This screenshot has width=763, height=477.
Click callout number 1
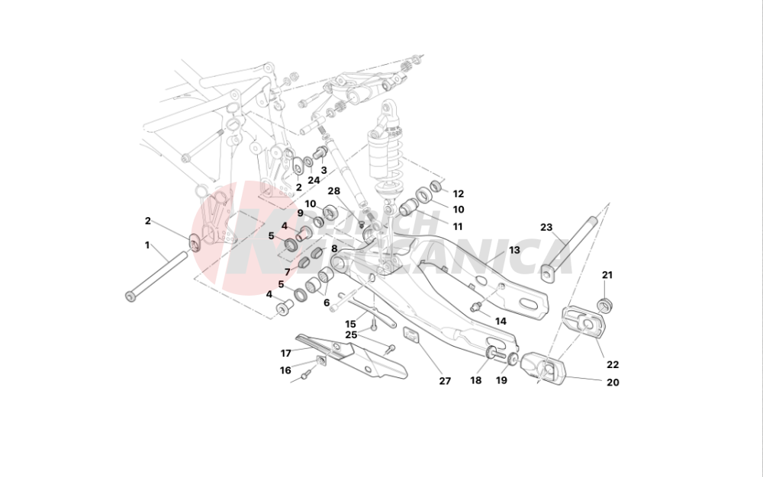[147, 245]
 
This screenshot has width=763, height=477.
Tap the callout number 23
[546, 227]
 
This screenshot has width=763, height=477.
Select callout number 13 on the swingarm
[514, 250]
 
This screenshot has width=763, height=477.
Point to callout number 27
[445, 381]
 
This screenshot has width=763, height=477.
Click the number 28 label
[333, 190]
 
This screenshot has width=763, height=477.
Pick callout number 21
[607, 275]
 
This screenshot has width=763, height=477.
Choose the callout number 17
[285, 353]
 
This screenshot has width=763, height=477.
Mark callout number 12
[458, 194]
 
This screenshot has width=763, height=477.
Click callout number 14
[500, 321]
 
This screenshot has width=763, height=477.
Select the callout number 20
[613, 383]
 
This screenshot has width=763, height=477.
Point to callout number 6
[327, 303]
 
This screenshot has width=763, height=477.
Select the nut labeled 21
[607, 306]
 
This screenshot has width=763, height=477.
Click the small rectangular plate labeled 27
[412, 336]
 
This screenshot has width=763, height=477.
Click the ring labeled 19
[513, 359]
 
